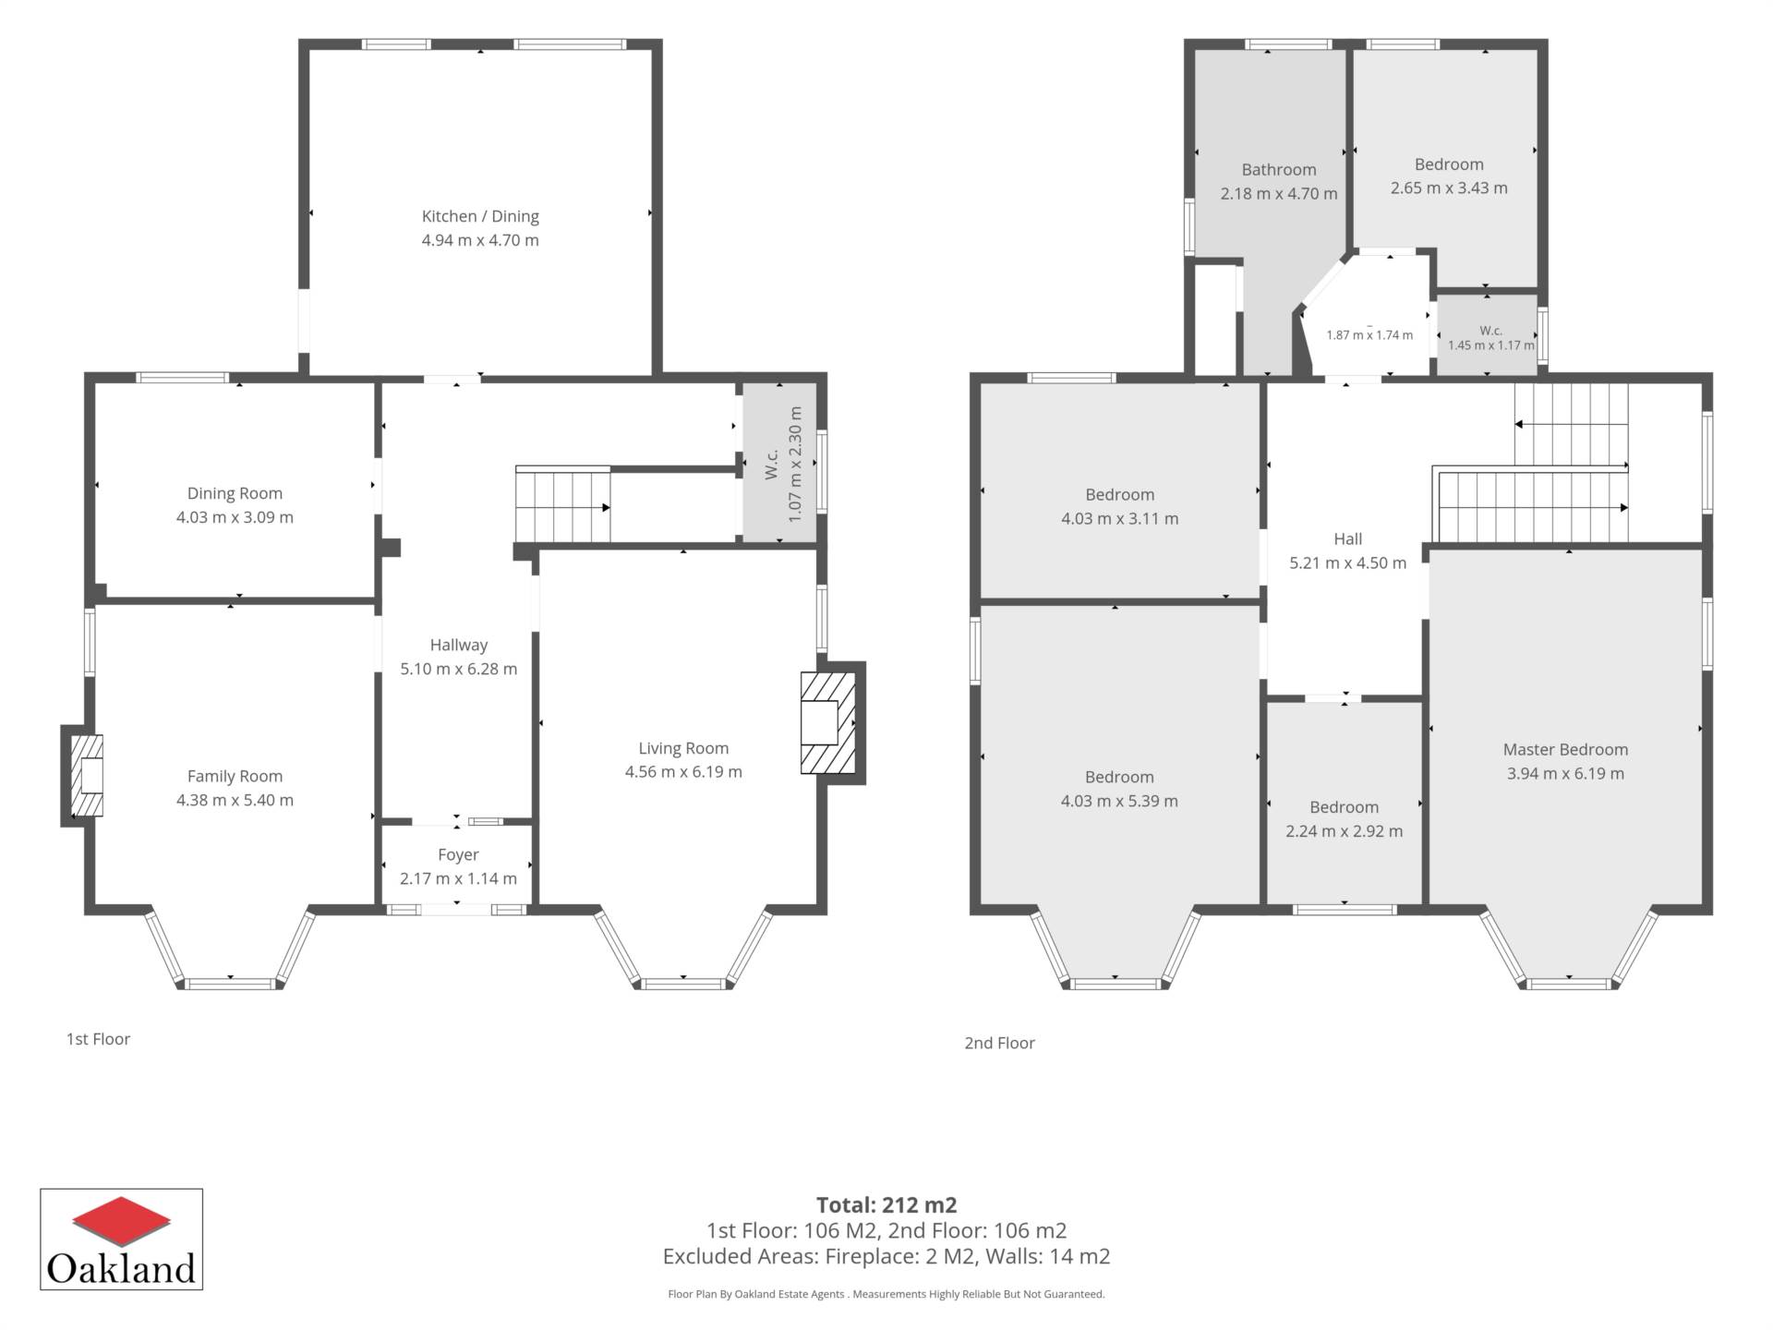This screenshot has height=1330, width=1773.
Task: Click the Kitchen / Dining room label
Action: coord(480,216)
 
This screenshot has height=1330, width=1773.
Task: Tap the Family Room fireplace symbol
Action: coord(88,776)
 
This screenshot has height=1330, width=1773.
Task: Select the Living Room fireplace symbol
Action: coord(828,722)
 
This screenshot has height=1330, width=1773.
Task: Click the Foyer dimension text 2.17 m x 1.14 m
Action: coord(458,878)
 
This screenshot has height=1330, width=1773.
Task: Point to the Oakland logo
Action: coord(121,1239)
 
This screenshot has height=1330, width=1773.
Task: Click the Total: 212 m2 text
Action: coord(886,1205)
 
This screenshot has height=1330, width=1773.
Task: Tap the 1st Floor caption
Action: coord(98,1039)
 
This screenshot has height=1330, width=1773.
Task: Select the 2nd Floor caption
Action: coord(999,1043)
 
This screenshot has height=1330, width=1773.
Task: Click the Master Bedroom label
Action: coord(1565,750)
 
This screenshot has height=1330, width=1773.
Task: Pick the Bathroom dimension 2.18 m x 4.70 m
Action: coord(1279,194)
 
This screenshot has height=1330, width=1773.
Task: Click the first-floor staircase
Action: coord(562,505)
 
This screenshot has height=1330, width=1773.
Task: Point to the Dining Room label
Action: coord(235,494)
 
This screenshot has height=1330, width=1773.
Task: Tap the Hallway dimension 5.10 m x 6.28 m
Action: coord(458,669)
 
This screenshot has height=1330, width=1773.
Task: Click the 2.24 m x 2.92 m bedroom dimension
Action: coord(1345,831)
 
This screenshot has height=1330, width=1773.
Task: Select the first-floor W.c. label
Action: coord(772,465)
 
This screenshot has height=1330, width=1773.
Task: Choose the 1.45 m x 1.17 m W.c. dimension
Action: coord(1491,345)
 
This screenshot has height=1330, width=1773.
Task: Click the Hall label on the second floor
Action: coord(1348,538)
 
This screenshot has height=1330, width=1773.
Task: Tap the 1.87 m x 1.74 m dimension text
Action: coord(1369,335)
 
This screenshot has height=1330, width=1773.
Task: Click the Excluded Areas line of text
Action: coord(886,1256)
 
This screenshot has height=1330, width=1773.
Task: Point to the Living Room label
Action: coord(683,748)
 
